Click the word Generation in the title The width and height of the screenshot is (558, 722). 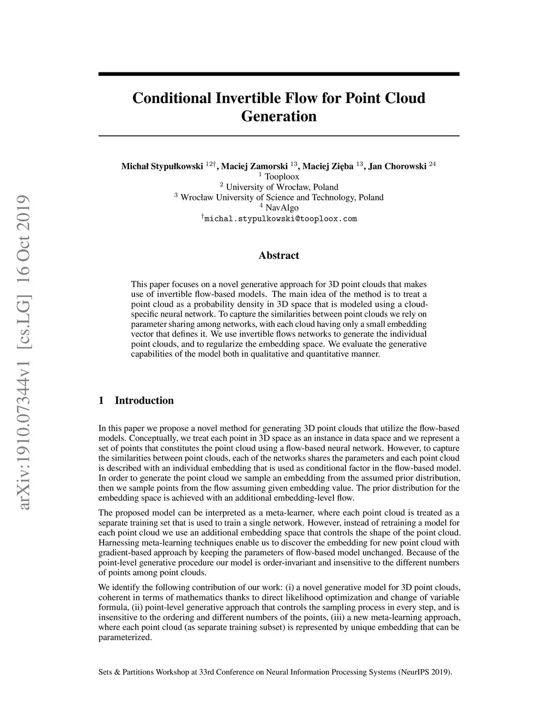tap(278, 117)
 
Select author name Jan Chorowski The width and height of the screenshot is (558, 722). tap(397, 166)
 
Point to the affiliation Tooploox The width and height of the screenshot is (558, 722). tap(282, 177)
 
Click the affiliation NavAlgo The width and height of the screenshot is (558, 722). tap(282, 208)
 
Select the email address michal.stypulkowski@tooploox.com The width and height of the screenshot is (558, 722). tap(280, 219)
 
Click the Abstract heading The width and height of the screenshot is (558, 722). tap(278, 256)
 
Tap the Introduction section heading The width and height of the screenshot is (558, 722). tap(144, 401)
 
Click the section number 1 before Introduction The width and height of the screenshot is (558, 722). tap(101, 401)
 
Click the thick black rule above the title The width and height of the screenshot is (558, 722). tap(278, 74)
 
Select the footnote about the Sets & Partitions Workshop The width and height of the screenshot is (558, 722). tap(275, 672)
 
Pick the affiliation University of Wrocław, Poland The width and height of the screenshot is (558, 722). tap(282, 187)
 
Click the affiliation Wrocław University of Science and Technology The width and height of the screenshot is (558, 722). tap(282, 197)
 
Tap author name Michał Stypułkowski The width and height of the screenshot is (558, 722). tap(162, 166)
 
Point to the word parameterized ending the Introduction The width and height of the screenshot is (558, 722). tap(124, 637)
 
